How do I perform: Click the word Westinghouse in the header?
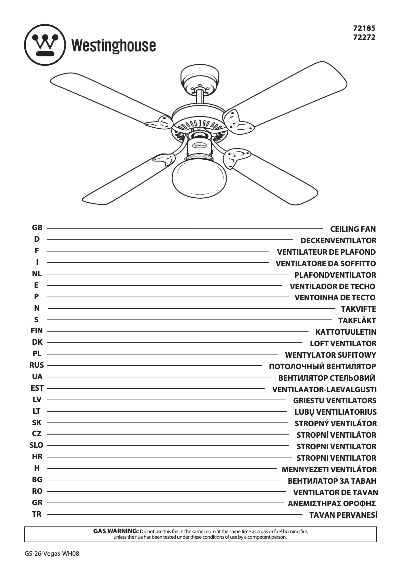point(113,46)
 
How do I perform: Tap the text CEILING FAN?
point(353,229)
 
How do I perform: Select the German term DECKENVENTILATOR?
point(338,241)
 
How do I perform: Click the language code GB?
point(37,228)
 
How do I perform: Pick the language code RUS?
point(37,365)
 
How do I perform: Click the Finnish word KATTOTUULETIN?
point(346,332)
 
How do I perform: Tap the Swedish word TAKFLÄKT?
point(357,321)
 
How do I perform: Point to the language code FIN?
point(37,331)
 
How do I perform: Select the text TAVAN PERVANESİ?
point(343,515)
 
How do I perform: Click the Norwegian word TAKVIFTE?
point(358,309)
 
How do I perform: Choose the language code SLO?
point(37,445)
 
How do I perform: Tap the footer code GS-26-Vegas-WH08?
point(52,554)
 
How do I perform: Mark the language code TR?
point(37,514)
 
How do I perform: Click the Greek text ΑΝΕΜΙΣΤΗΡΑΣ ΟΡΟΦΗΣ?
point(332,503)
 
